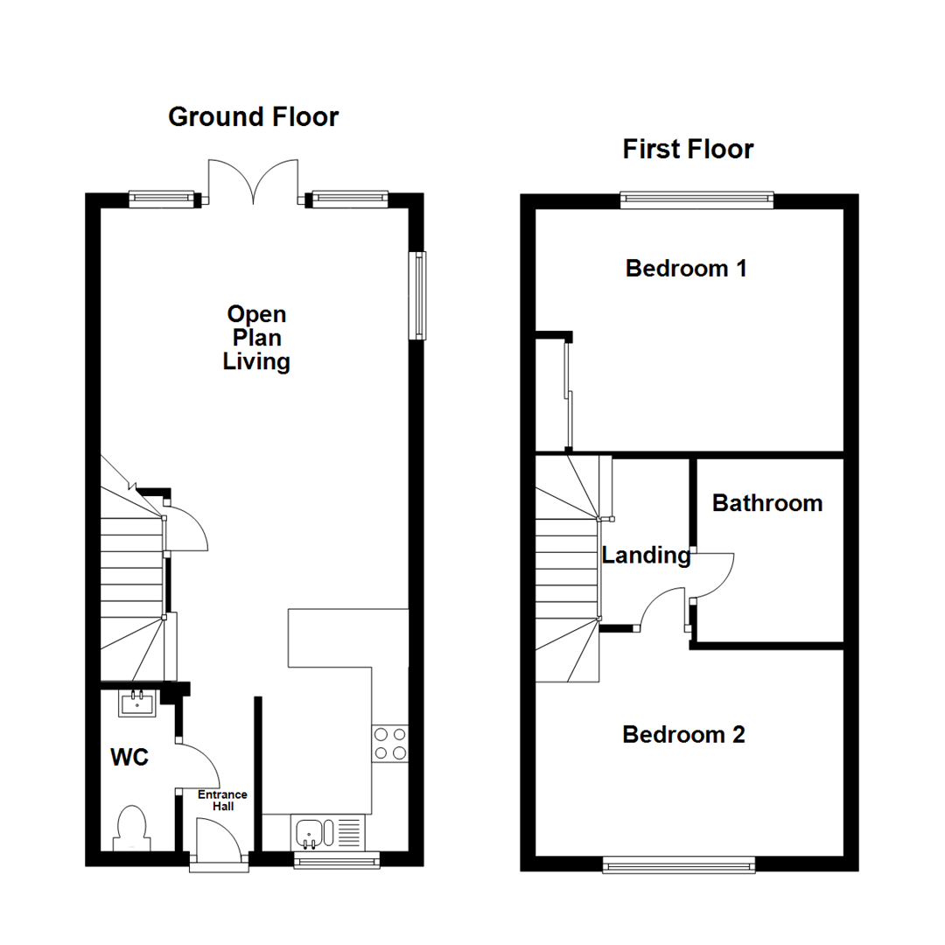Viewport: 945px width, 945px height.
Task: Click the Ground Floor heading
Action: (x=253, y=117)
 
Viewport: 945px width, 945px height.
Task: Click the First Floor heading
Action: (x=688, y=149)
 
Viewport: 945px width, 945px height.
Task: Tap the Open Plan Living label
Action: (x=256, y=338)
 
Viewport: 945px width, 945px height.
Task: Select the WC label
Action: (x=129, y=757)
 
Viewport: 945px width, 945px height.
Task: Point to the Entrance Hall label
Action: (x=222, y=801)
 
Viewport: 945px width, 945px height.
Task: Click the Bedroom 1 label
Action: (x=686, y=269)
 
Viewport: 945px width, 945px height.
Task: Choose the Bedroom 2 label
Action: (x=683, y=735)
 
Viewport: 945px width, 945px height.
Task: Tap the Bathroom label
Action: (x=767, y=503)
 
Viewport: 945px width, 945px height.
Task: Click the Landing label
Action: (x=646, y=555)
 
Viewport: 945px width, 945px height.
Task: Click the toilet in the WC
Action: (x=132, y=828)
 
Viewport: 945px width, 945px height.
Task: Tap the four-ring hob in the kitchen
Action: (x=390, y=744)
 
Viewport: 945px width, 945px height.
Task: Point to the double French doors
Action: (x=253, y=181)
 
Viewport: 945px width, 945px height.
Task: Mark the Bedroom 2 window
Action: (x=679, y=865)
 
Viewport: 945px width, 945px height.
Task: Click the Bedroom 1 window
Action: (x=696, y=200)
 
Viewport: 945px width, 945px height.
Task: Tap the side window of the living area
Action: (x=417, y=296)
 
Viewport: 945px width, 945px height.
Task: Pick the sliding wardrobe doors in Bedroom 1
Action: (x=569, y=395)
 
